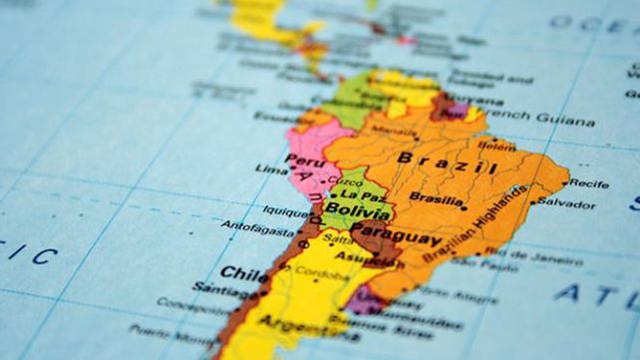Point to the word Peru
302,159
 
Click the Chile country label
240,271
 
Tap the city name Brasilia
435,197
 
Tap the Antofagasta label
254,224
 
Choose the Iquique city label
285,210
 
